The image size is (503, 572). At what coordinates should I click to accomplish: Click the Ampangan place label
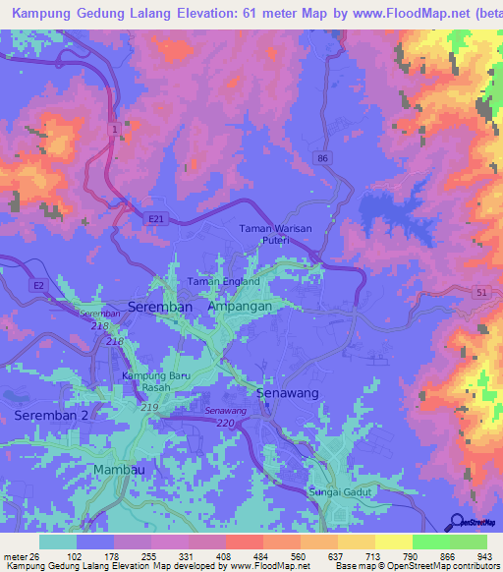[240, 307]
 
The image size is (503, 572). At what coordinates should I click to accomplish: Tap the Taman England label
[224, 282]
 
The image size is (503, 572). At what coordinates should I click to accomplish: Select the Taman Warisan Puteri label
[275, 235]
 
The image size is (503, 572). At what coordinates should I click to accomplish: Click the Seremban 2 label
[51, 417]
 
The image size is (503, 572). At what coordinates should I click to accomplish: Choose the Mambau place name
[119, 470]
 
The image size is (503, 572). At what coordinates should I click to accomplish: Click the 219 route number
[149, 407]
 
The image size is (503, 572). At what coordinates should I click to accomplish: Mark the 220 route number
[226, 424]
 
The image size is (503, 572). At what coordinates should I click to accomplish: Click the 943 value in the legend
[485, 555]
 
